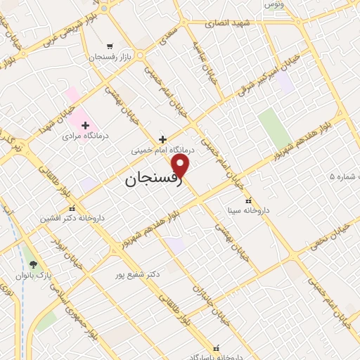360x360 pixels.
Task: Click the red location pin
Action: (181, 166)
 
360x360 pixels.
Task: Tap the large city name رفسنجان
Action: (154, 179)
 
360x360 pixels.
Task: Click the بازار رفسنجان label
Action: (108, 57)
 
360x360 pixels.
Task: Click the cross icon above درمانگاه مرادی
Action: (85, 124)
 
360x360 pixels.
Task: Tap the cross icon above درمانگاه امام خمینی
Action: (163, 139)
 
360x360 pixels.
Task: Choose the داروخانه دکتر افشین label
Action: (72, 218)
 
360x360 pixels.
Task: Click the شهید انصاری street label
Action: (228, 23)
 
